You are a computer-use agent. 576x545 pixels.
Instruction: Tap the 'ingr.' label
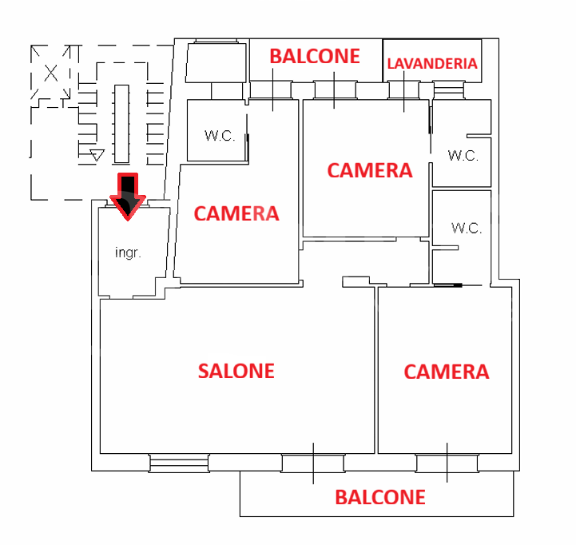coord(128,253)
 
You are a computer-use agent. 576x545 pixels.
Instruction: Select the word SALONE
coord(236,371)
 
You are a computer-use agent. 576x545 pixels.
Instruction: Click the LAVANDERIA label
coord(432,64)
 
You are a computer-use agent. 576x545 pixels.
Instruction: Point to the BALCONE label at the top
coord(315,57)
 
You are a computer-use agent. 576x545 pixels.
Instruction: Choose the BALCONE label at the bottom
coord(380,497)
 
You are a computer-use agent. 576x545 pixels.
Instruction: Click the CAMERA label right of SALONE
coord(446,372)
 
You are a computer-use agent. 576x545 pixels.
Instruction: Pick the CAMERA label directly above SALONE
coord(236,213)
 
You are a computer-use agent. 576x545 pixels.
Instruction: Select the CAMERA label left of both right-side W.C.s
coord(370,170)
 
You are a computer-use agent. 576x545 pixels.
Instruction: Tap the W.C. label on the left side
coord(220,136)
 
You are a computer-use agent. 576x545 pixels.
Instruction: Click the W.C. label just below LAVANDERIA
coord(463,155)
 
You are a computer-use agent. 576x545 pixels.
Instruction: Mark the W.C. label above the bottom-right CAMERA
coord(467,228)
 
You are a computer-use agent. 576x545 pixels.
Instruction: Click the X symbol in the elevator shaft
coord(51,74)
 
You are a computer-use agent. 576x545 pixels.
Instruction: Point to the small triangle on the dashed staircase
coord(97,154)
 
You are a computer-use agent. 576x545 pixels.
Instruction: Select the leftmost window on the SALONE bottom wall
coord(179,462)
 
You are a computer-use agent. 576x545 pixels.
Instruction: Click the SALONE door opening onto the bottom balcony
coord(313,462)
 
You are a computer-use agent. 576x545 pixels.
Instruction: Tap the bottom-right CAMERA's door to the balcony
coord(447,462)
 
